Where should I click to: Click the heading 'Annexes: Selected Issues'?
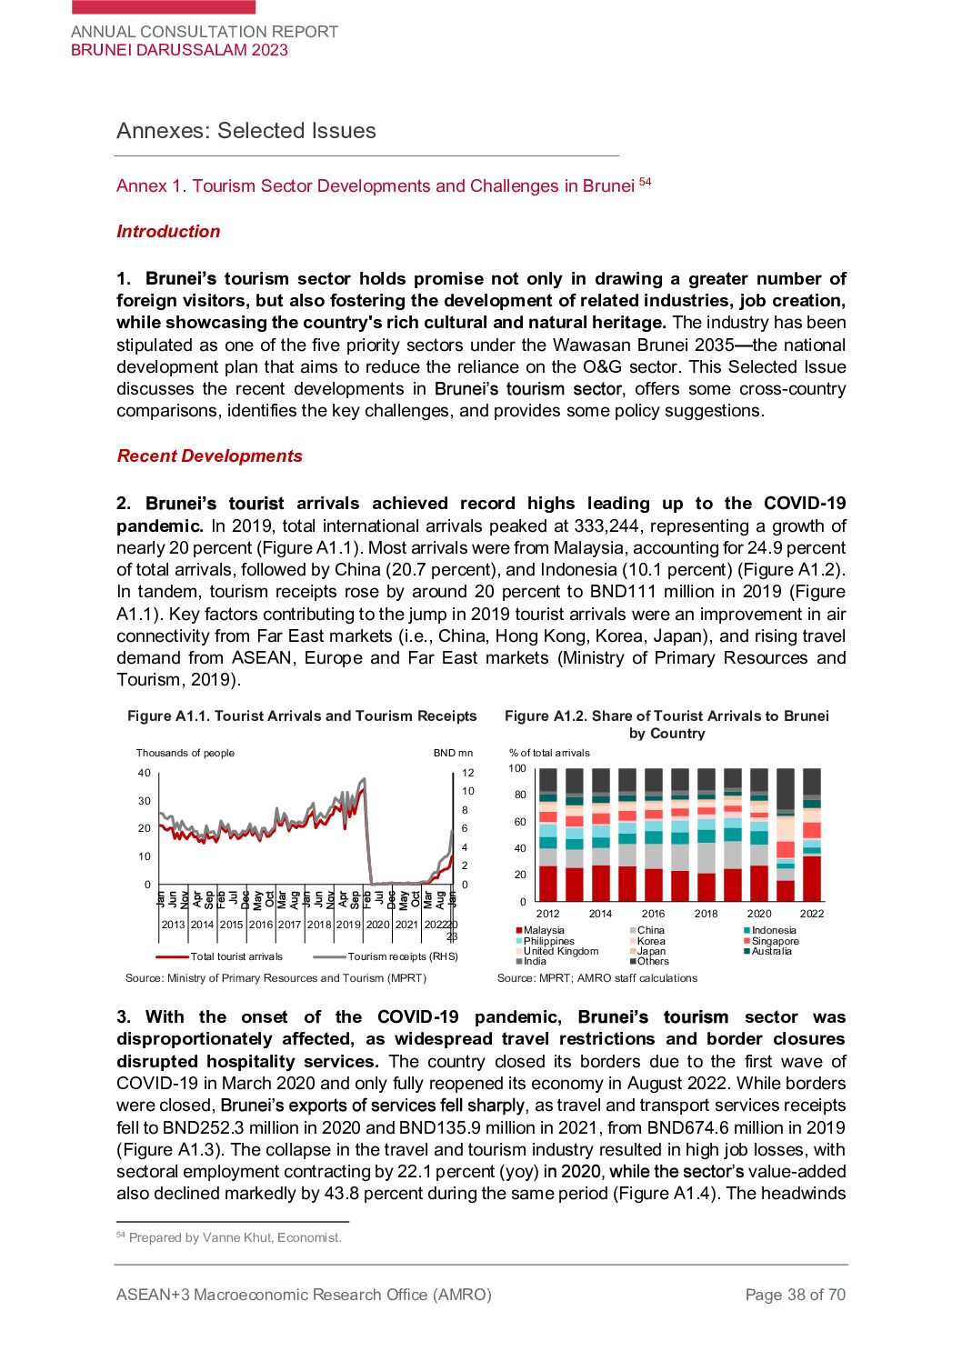click(246, 131)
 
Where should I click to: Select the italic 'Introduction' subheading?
click(168, 232)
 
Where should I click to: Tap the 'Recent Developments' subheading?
click(209, 456)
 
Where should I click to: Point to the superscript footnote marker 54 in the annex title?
click(645, 182)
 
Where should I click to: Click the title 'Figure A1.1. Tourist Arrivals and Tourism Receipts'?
click(302, 716)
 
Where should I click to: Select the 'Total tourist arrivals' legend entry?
click(235, 956)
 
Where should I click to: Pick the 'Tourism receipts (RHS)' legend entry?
click(402, 956)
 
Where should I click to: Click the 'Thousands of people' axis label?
click(185, 753)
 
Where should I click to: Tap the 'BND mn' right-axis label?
click(453, 753)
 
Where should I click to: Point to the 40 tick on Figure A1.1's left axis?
click(145, 774)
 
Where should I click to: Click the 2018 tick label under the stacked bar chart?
click(706, 914)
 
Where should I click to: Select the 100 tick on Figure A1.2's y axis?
click(517, 769)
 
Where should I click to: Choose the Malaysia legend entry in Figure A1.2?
click(543, 930)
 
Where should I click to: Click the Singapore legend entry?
click(775, 941)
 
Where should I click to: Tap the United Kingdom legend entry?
click(560, 951)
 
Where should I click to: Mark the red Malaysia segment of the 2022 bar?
click(812, 878)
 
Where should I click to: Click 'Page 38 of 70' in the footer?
click(795, 1295)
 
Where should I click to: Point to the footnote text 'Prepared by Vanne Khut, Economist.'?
click(235, 1237)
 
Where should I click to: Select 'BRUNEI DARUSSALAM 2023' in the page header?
click(179, 51)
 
